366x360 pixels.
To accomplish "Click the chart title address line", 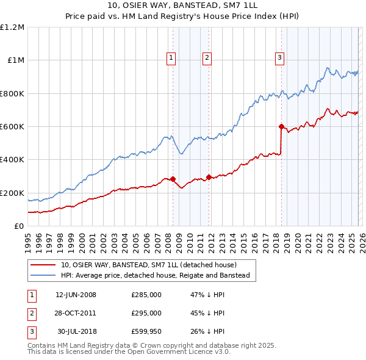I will (182, 5).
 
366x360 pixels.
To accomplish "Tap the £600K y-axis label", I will (12, 127).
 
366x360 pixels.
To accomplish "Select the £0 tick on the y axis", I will (20, 226).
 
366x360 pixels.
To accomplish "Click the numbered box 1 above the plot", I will (171, 58).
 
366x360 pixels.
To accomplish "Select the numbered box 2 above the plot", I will (207, 58).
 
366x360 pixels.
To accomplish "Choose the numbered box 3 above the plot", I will (279, 58).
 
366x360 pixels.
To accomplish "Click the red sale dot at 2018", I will (281, 127).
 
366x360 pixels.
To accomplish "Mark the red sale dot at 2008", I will (173, 179).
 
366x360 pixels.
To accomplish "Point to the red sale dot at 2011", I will (209, 177).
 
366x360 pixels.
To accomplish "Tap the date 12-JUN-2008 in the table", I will (76, 295).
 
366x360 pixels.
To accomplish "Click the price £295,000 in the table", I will (146, 313).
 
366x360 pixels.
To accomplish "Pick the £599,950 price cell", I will (146, 331).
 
